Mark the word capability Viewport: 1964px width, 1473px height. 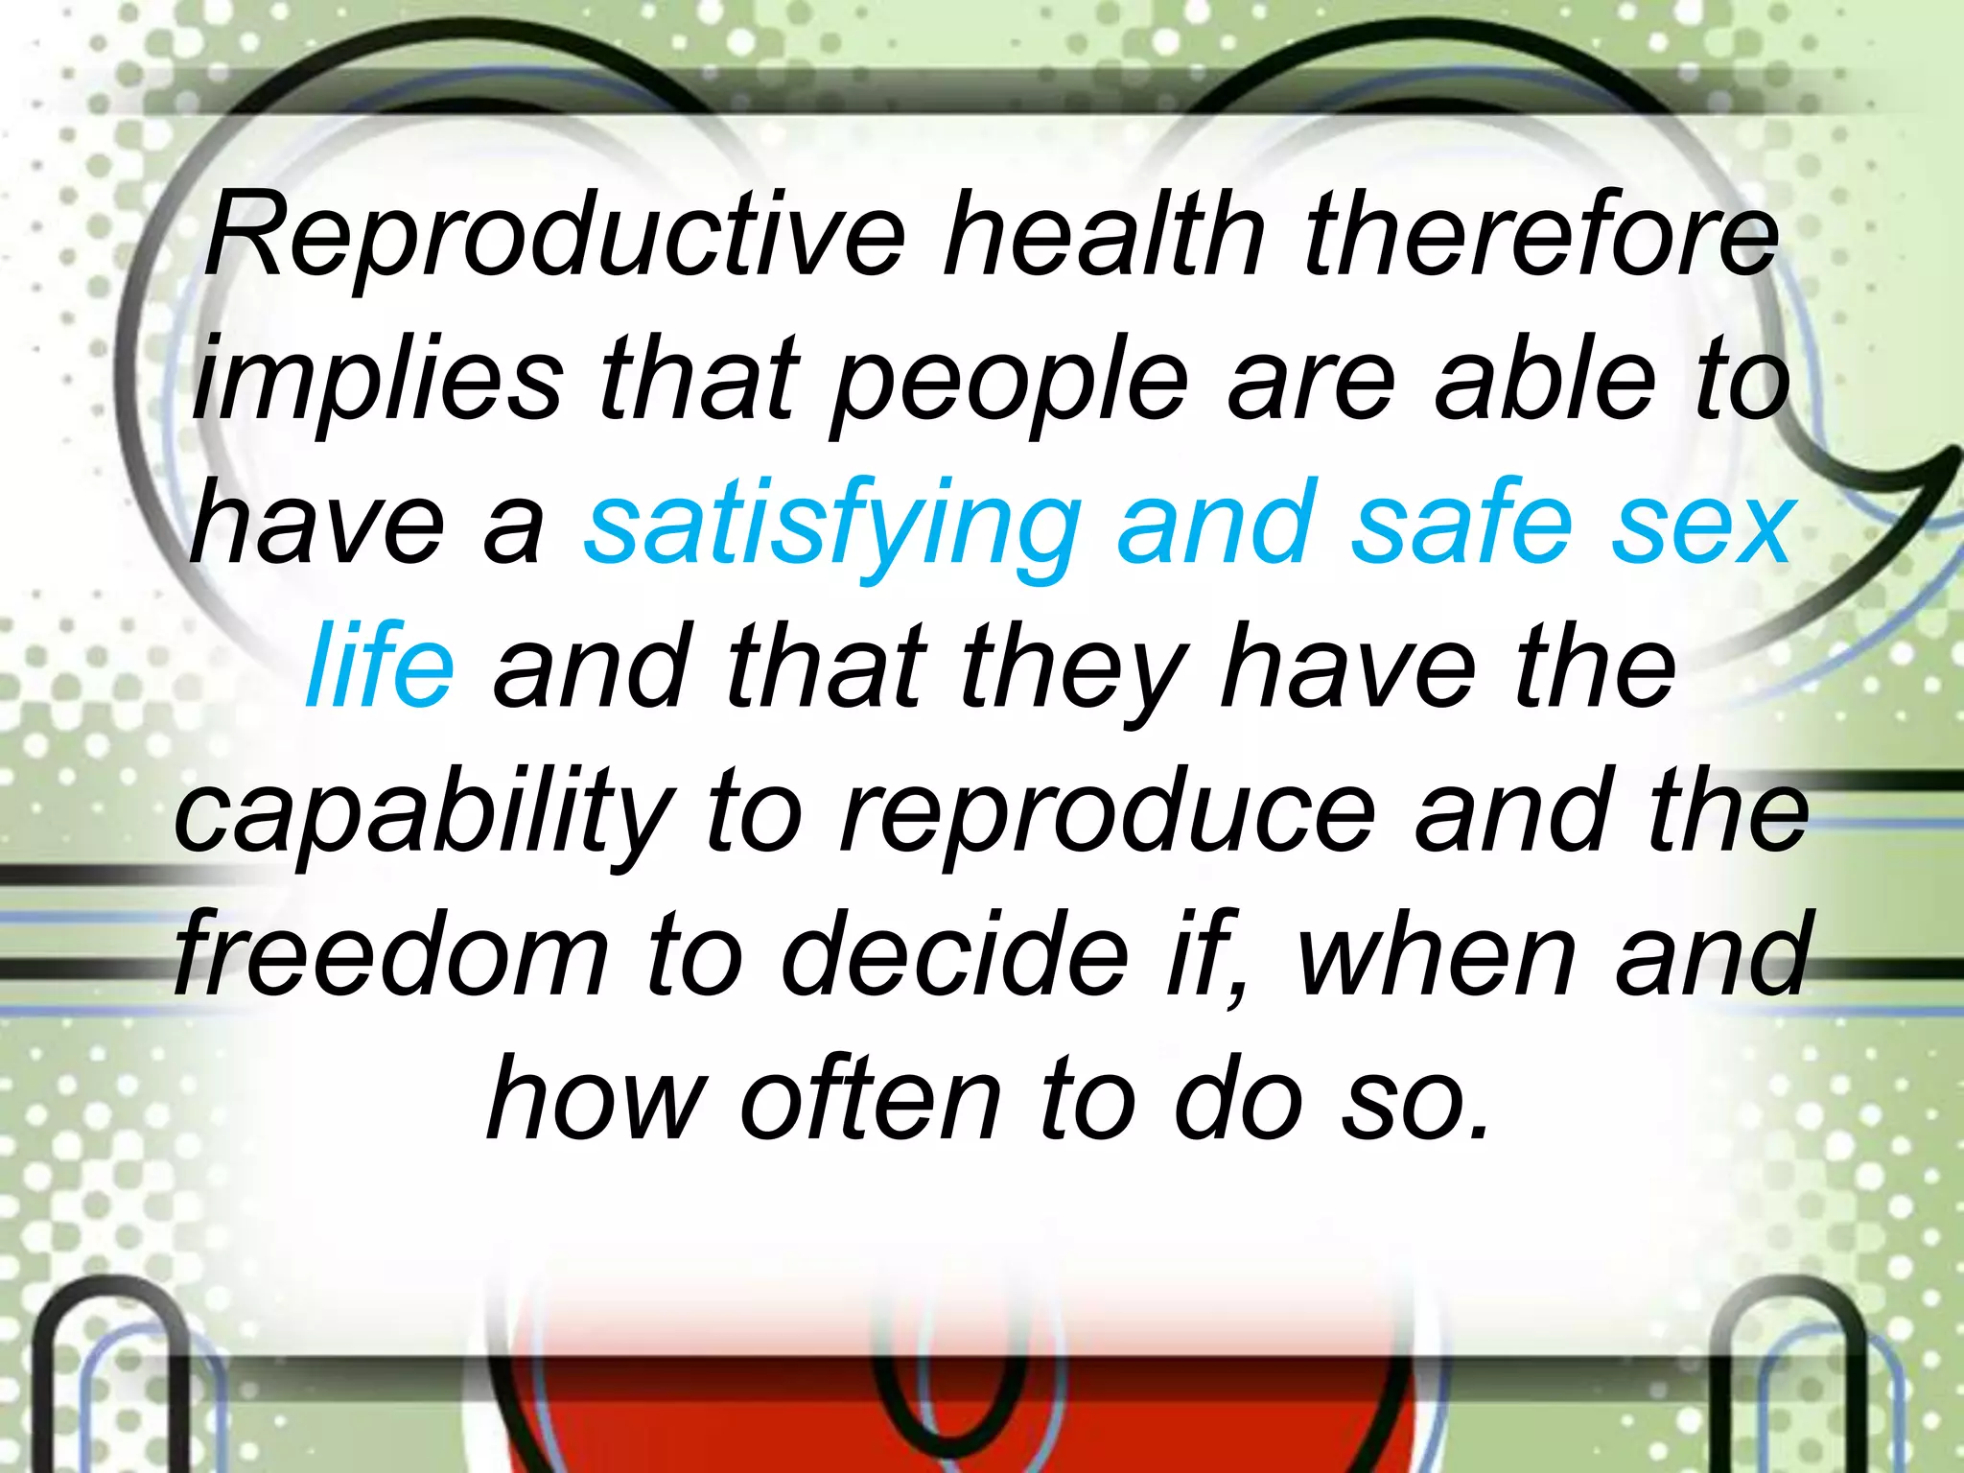423,815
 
